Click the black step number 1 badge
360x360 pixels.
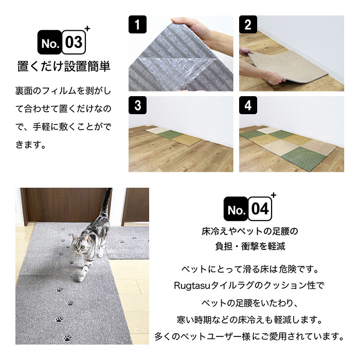[137, 24]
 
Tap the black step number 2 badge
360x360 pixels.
[248, 24]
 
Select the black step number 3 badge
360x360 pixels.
[137, 105]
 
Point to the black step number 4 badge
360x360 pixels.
[248, 105]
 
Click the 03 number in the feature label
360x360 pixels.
[74, 42]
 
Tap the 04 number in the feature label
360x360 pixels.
[260, 209]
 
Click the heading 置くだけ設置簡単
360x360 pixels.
[64, 66]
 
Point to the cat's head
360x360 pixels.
[79, 243]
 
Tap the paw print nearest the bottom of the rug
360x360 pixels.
[67, 338]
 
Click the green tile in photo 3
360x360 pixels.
[169, 134]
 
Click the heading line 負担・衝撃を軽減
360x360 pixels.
[250, 246]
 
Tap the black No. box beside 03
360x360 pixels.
[49, 42]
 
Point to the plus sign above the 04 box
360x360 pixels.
[274, 195]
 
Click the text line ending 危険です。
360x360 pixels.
[250, 269]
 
